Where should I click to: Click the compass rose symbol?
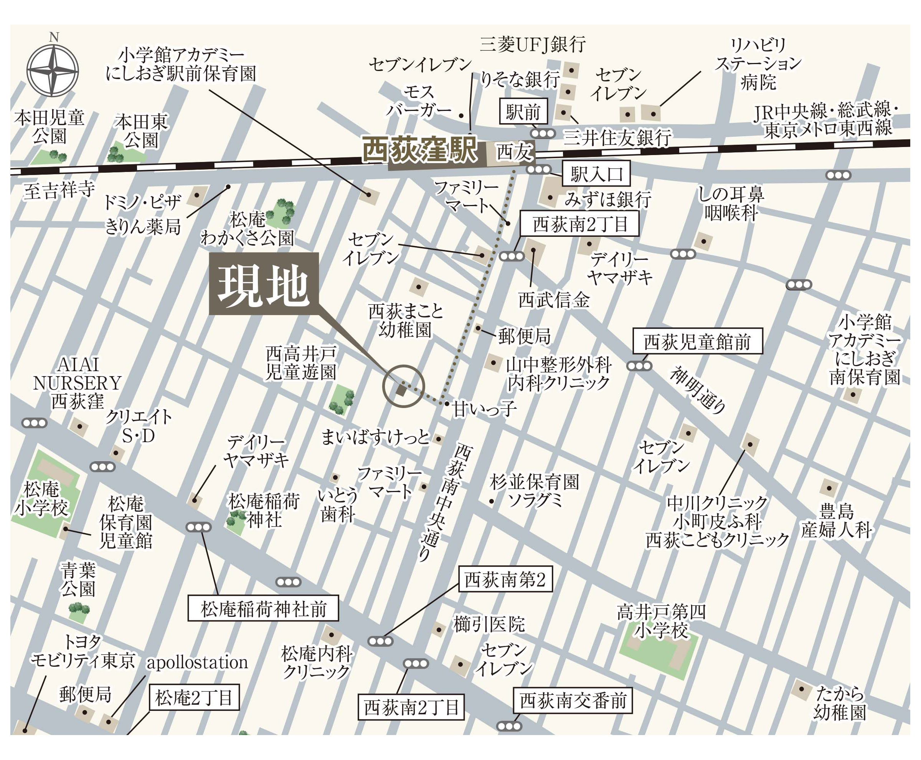[53, 70]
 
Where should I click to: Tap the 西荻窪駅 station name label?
[419, 150]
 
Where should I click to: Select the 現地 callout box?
[264, 284]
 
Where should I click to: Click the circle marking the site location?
[403, 386]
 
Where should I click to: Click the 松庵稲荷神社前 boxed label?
[263, 608]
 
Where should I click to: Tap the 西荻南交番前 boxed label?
[573, 701]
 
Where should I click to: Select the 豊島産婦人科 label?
[836, 521]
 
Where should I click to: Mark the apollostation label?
[197, 663]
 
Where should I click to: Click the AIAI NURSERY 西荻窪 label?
[78, 383]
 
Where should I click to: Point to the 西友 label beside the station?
[514, 152]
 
